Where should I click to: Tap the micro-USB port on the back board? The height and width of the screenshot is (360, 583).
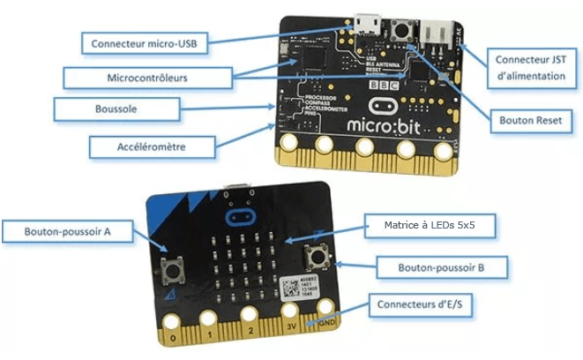click(366, 21)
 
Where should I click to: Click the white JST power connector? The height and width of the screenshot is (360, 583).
click(437, 31)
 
